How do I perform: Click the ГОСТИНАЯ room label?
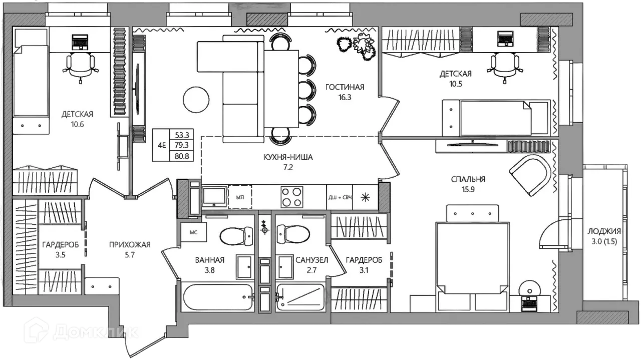(x=345, y=87)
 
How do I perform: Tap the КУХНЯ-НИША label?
(x=288, y=157)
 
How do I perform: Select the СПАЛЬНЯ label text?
(x=468, y=179)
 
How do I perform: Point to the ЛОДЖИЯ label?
(x=604, y=231)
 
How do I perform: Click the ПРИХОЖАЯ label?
(x=130, y=245)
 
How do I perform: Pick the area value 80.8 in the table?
(x=182, y=156)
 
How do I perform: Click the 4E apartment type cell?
(x=162, y=145)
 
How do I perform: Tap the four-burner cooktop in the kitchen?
(x=292, y=197)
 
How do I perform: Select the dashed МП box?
(x=240, y=197)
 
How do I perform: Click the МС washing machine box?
(x=194, y=232)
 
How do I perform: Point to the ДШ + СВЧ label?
(x=340, y=197)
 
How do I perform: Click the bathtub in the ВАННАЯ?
(x=218, y=297)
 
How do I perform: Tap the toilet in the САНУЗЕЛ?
(x=293, y=235)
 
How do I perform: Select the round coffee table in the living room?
(x=196, y=100)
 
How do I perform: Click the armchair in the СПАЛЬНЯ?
(x=530, y=175)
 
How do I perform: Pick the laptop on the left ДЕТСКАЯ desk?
(x=81, y=42)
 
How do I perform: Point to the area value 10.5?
(x=456, y=84)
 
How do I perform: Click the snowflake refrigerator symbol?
(x=365, y=197)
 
